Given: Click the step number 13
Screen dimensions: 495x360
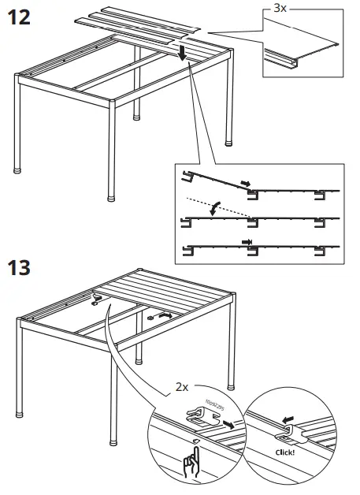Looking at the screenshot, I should [20, 267].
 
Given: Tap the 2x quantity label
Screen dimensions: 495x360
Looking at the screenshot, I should [183, 388].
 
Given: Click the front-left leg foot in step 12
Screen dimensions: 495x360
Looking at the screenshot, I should [20, 168].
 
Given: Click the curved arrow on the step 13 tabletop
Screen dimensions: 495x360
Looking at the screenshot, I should [164, 314].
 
